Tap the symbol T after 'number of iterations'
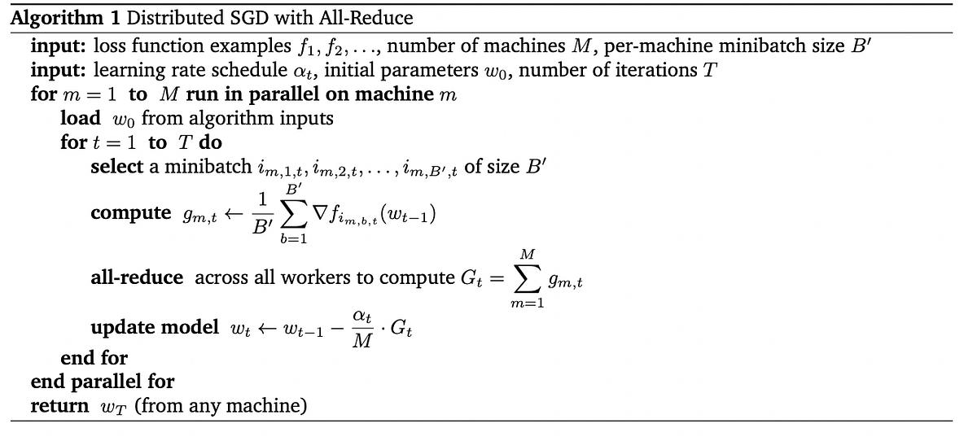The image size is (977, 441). tap(710, 70)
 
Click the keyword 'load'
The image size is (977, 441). tap(81, 118)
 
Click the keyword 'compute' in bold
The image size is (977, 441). tap(131, 213)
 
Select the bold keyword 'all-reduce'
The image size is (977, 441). tap(137, 277)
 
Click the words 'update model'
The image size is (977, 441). tap(155, 327)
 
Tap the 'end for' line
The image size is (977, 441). tap(94, 358)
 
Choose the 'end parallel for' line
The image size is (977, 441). tap(102, 381)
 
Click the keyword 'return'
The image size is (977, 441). tap(59, 405)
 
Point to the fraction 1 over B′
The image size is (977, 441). tap(262, 214)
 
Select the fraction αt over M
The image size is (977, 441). tap(362, 328)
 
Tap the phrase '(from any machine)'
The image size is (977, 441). tap(220, 405)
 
